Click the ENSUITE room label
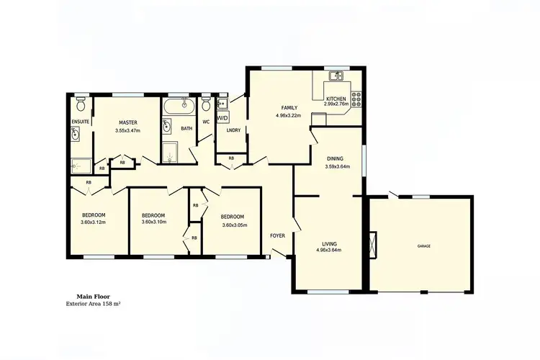(80, 122)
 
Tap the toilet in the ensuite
(81, 102)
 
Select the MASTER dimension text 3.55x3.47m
(127, 131)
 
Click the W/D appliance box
(222, 117)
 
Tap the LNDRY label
(233, 130)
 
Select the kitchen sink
(336, 76)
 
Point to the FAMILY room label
(289, 108)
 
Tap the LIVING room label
(328, 243)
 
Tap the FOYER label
(278, 236)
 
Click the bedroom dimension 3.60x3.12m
(94, 222)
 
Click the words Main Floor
(92, 296)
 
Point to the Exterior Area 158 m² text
(92, 304)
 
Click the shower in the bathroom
(170, 152)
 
